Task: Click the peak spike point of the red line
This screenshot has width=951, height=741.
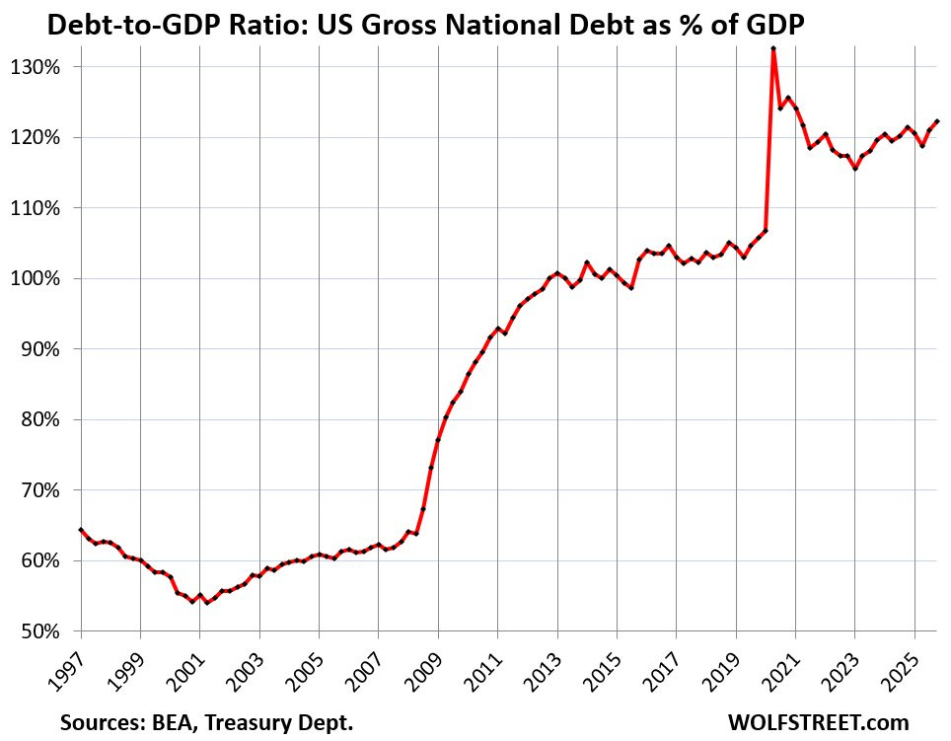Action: [x=773, y=48]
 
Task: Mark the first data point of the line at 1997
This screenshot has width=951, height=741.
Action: [x=81, y=530]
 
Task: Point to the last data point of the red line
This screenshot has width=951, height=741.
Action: [x=936, y=121]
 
